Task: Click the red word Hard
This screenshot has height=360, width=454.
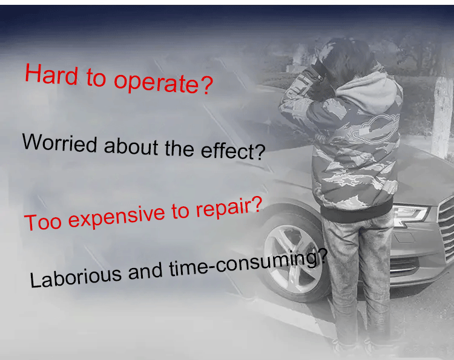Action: click(x=51, y=74)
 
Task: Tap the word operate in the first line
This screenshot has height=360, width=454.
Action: click(x=163, y=83)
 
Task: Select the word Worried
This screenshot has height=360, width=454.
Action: click(x=60, y=143)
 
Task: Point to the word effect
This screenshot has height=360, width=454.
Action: click(x=233, y=151)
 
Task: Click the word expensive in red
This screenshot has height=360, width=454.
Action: click(x=117, y=218)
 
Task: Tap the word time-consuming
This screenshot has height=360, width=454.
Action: click(x=248, y=263)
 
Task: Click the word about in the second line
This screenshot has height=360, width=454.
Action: click(x=131, y=146)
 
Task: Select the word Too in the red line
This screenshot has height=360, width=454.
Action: click(x=43, y=222)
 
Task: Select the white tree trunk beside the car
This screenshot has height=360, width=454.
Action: click(x=442, y=116)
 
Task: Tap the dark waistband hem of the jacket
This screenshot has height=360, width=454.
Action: click(x=357, y=211)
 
